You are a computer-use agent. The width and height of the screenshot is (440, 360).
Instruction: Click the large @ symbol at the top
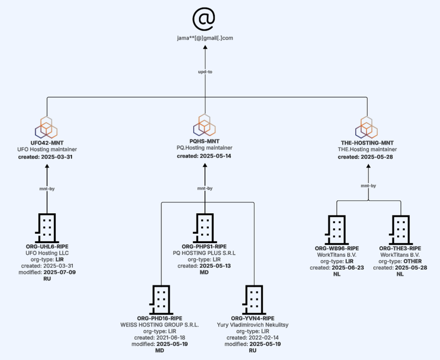pyautogui.click(x=205, y=19)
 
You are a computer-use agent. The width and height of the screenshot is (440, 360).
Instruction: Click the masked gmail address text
pyautogui.click(x=205, y=38)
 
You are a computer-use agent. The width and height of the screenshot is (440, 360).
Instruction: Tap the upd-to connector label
pyautogui.click(x=205, y=72)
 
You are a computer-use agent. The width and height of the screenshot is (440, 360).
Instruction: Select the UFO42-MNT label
pyautogui.click(x=48, y=143)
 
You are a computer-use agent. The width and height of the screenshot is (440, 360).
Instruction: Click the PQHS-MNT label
pyautogui.click(x=205, y=141)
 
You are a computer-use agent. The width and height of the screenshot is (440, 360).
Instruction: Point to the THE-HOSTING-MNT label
pyautogui.click(x=367, y=143)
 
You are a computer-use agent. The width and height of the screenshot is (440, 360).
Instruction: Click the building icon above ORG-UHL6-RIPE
pyautogui.click(x=48, y=227)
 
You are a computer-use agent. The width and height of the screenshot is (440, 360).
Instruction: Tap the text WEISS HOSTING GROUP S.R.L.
pyautogui.click(x=160, y=325)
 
